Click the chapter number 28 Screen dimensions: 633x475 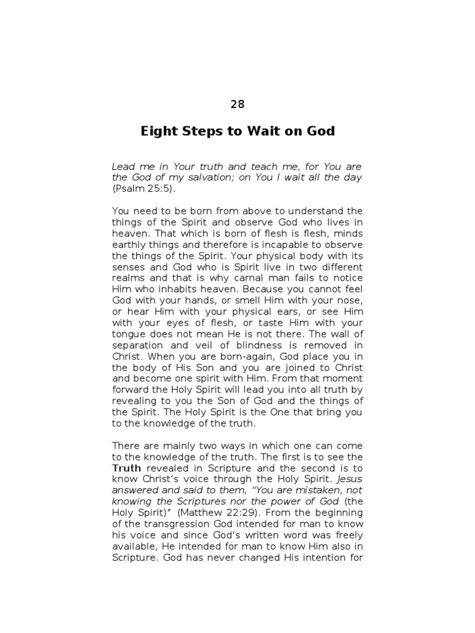click(237, 104)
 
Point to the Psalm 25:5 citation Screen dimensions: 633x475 click(139, 189)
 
